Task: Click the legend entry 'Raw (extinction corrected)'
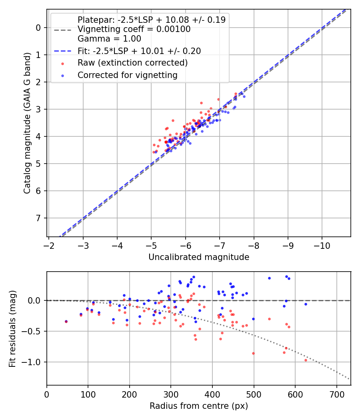pos(132,63)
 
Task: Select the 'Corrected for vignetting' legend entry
pos(127,75)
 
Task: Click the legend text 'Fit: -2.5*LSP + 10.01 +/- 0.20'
pos(139,51)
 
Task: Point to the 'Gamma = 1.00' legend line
pos(109,39)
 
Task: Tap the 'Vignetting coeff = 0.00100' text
pos(134,29)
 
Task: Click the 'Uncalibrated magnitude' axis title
pos(199,257)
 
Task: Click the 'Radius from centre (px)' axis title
pos(199,406)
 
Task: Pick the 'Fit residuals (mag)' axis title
pos(12,328)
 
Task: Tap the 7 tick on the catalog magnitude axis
pos(39,218)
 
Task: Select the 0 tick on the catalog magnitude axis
pos(39,28)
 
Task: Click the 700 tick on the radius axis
pos(336,393)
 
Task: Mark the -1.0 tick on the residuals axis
pos(33,362)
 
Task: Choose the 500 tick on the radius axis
pos(254,393)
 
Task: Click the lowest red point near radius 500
pos(253,353)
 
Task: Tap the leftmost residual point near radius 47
pos(66,321)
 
